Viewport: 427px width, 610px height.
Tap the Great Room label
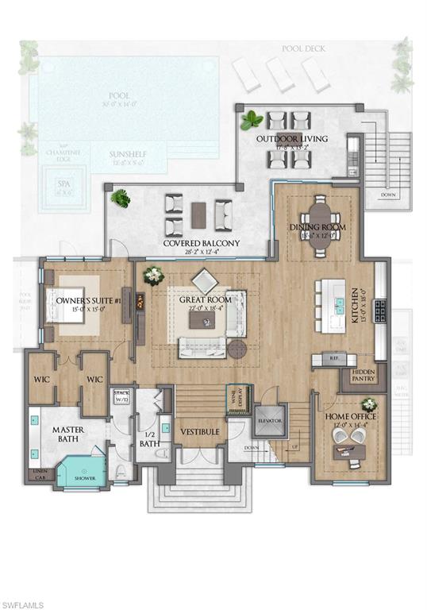(207, 299)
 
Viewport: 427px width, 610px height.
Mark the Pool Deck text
(303, 49)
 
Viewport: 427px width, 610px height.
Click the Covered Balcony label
(202, 243)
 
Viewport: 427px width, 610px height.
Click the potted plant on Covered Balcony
(121, 198)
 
